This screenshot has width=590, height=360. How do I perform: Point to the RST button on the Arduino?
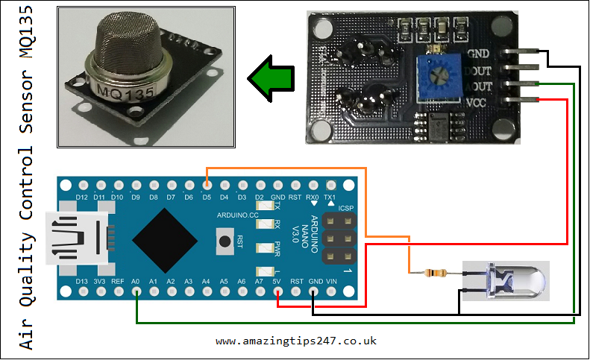click(x=224, y=240)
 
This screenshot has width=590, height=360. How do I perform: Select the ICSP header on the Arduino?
click(x=339, y=239)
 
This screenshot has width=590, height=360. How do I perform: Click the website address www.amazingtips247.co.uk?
click(x=296, y=341)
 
